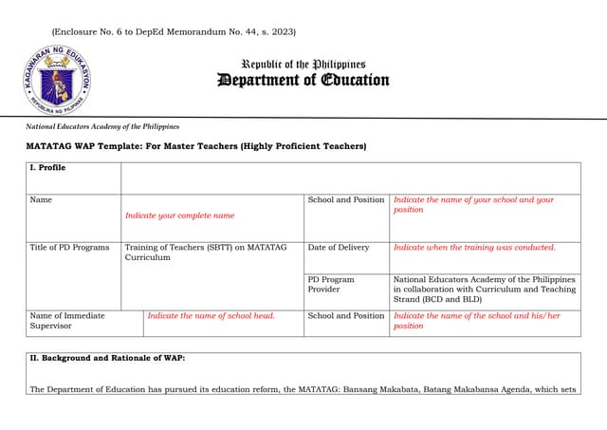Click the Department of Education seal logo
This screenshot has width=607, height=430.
coord(57,80)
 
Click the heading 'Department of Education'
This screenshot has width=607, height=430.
coord(303,80)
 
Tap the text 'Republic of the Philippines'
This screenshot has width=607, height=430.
coord(303,65)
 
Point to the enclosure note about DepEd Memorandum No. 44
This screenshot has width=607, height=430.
coord(174,32)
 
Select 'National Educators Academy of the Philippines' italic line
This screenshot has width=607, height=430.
coord(102,126)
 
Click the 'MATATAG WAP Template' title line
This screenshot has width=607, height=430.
coord(195,146)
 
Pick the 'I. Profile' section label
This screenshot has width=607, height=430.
coord(47,168)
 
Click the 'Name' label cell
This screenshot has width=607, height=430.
coord(41,200)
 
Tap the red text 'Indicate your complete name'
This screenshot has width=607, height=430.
coord(179,215)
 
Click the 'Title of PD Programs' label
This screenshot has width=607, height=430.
coord(69,248)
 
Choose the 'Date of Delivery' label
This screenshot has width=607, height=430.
coord(339,248)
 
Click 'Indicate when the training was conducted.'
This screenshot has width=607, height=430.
coord(474,248)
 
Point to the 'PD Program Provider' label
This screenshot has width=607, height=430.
coord(331,285)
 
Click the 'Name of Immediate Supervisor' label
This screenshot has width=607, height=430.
coord(67,321)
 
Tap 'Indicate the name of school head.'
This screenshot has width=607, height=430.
coord(212,316)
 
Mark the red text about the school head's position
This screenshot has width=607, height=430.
coord(476,321)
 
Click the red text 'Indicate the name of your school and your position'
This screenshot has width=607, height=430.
coord(473,205)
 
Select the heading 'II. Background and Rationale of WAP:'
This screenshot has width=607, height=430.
coord(107,358)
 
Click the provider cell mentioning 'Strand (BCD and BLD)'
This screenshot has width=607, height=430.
coord(484,290)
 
